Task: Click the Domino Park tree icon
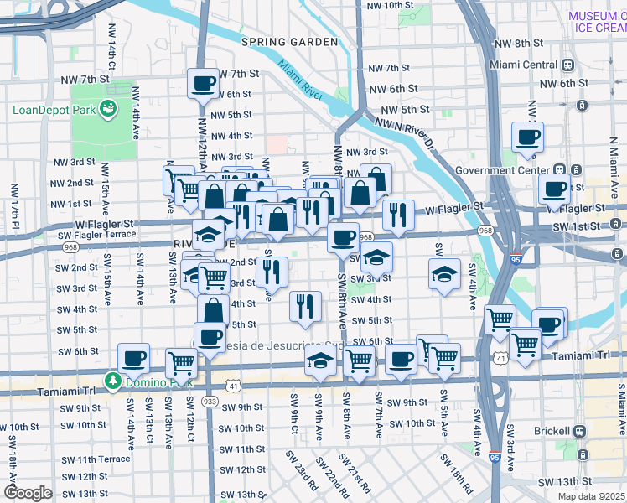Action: tap(113, 381)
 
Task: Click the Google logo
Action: tap(28, 493)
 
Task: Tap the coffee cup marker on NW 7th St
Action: tap(204, 84)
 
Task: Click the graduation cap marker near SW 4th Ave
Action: tap(444, 273)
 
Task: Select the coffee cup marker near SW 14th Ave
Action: tap(133, 359)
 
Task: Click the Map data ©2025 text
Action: tap(590, 496)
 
